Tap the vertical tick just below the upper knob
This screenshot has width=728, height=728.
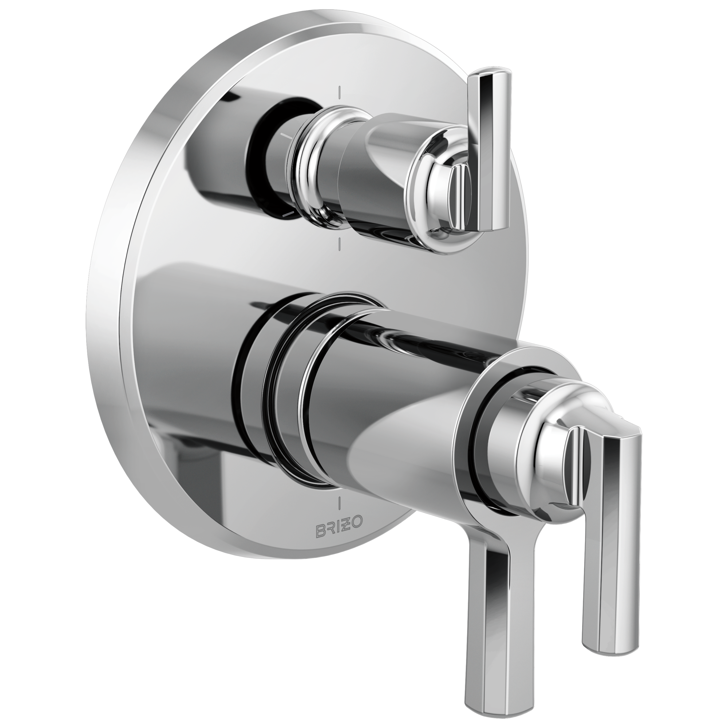point(340,244)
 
